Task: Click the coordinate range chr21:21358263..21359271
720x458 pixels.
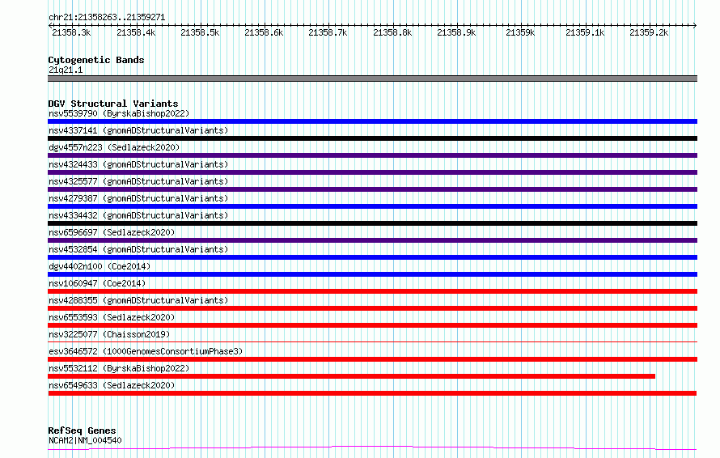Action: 107,17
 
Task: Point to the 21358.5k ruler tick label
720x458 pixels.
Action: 200,32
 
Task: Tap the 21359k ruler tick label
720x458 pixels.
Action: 520,32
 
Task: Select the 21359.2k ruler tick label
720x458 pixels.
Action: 649,32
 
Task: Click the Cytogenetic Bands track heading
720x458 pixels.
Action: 96,60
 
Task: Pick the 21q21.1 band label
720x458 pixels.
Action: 66,70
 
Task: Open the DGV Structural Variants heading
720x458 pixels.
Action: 113,104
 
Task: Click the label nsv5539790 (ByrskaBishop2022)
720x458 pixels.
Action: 119,113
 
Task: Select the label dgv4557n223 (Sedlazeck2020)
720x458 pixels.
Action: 114,147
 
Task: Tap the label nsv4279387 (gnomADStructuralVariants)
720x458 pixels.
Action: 138,198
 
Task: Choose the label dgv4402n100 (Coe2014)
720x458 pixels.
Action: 100,266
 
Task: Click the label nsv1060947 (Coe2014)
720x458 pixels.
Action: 97,283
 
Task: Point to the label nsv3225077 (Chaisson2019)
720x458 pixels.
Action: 109,334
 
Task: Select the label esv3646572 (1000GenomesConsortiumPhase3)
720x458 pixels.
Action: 146,351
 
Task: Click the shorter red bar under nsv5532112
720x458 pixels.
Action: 351,376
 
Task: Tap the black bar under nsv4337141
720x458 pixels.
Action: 372,138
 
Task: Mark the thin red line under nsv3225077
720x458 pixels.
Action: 372,342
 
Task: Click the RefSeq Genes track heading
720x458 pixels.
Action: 82,430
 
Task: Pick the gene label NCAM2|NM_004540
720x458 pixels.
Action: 85,440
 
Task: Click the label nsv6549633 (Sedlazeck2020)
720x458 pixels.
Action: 112,385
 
